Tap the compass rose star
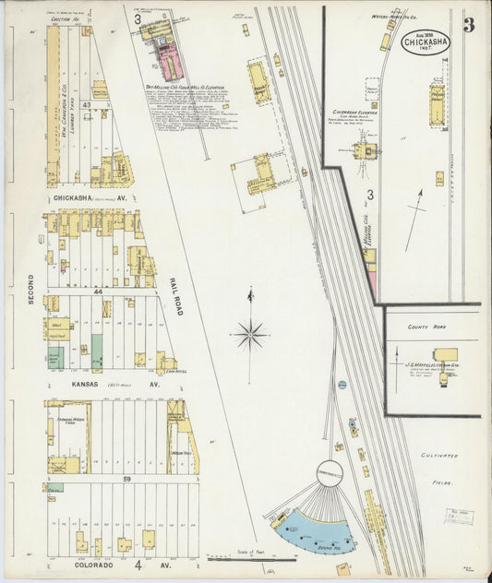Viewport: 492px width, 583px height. coord(250,333)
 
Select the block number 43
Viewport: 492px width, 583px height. coord(85,105)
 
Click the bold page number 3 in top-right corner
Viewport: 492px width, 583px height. coord(469,25)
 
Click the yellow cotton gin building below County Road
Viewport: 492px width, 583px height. coord(447,355)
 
